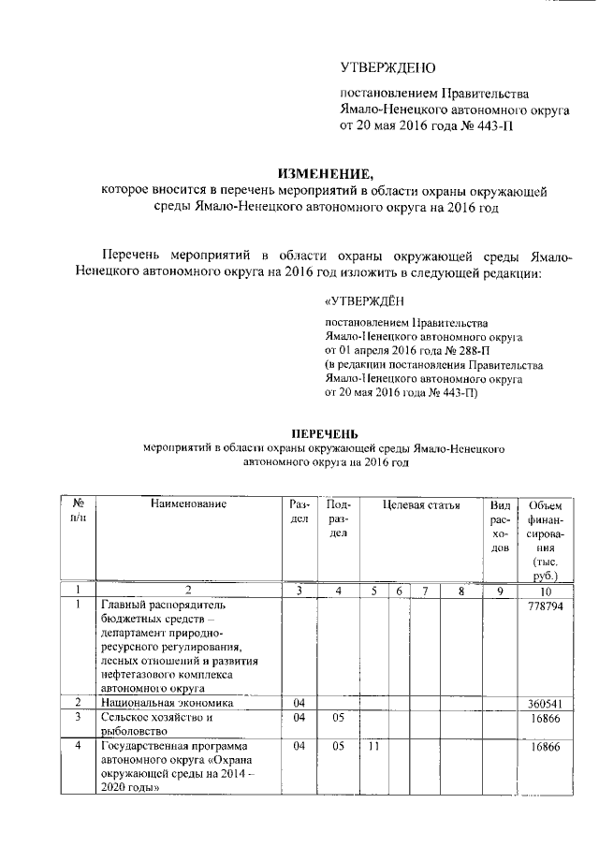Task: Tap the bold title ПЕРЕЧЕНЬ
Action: (x=324, y=434)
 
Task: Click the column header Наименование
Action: (x=188, y=504)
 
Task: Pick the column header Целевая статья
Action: (x=422, y=504)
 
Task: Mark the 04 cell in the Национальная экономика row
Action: (x=299, y=702)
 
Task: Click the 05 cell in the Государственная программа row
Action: (x=339, y=748)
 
